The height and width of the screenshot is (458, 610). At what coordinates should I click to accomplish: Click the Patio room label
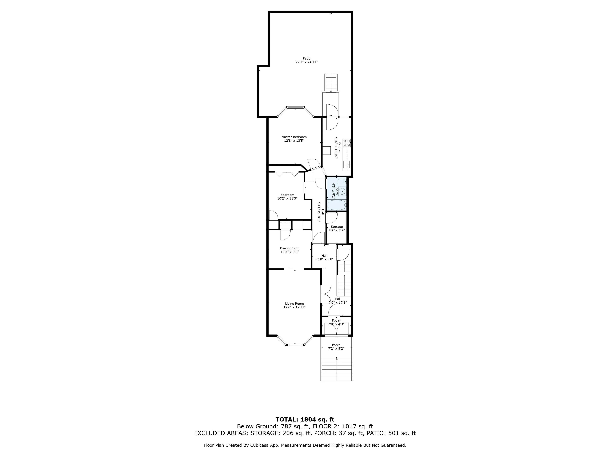coord(306,58)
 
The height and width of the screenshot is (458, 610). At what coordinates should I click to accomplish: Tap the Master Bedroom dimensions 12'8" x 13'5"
coord(294,140)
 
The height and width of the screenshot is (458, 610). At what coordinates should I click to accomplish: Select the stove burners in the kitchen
coord(347,142)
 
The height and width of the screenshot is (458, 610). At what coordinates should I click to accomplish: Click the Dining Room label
coord(290,248)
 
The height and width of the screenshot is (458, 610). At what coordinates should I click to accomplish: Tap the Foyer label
coord(336,320)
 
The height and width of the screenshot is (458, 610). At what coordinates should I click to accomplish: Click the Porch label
coord(336,345)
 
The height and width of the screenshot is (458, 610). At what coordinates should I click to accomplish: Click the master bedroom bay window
coord(295,107)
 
